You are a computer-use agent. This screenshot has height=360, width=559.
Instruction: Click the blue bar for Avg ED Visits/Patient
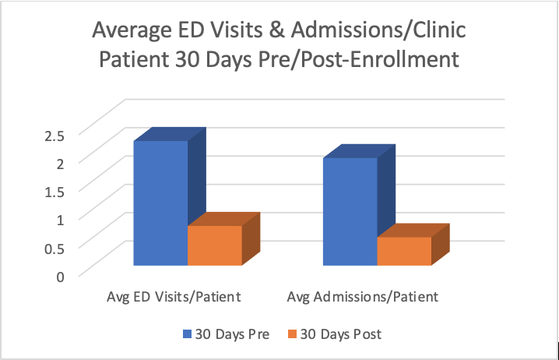tap(161, 203)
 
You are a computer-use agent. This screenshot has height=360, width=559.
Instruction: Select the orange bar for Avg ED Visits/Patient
tap(215, 245)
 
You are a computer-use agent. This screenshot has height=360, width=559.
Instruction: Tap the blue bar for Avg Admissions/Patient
tap(350, 211)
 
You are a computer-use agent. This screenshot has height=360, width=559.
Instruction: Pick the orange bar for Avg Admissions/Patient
tap(404, 251)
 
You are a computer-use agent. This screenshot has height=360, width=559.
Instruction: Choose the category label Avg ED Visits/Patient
tap(174, 297)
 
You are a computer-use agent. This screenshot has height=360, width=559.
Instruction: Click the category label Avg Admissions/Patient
tap(363, 297)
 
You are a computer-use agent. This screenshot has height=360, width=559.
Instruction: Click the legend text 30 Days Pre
tap(231, 335)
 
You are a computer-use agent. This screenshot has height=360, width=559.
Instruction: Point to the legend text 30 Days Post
tap(340, 335)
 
